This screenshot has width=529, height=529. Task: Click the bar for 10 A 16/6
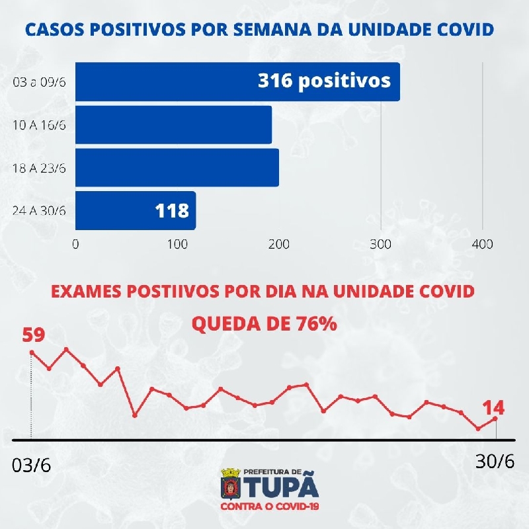[x=173, y=124]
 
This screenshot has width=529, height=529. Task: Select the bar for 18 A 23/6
[x=177, y=167]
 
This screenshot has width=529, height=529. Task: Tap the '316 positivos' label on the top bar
[x=324, y=81]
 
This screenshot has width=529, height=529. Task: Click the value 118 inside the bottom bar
[x=172, y=211]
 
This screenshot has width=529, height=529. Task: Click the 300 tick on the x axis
[x=381, y=244]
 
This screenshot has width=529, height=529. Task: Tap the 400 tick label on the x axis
[x=483, y=244]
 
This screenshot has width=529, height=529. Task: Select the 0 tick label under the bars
[x=75, y=244]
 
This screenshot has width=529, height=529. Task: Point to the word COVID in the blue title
[x=468, y=29]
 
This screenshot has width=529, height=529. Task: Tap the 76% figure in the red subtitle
[x=316, y=324]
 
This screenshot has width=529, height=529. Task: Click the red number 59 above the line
[x=34, y=335]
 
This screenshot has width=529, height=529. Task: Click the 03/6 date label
[x=32, y=464]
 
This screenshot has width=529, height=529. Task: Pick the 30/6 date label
[x=495, y=461]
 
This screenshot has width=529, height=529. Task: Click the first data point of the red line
[x=32, y=352]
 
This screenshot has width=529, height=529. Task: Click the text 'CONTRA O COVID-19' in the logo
[x=269, y=507]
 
